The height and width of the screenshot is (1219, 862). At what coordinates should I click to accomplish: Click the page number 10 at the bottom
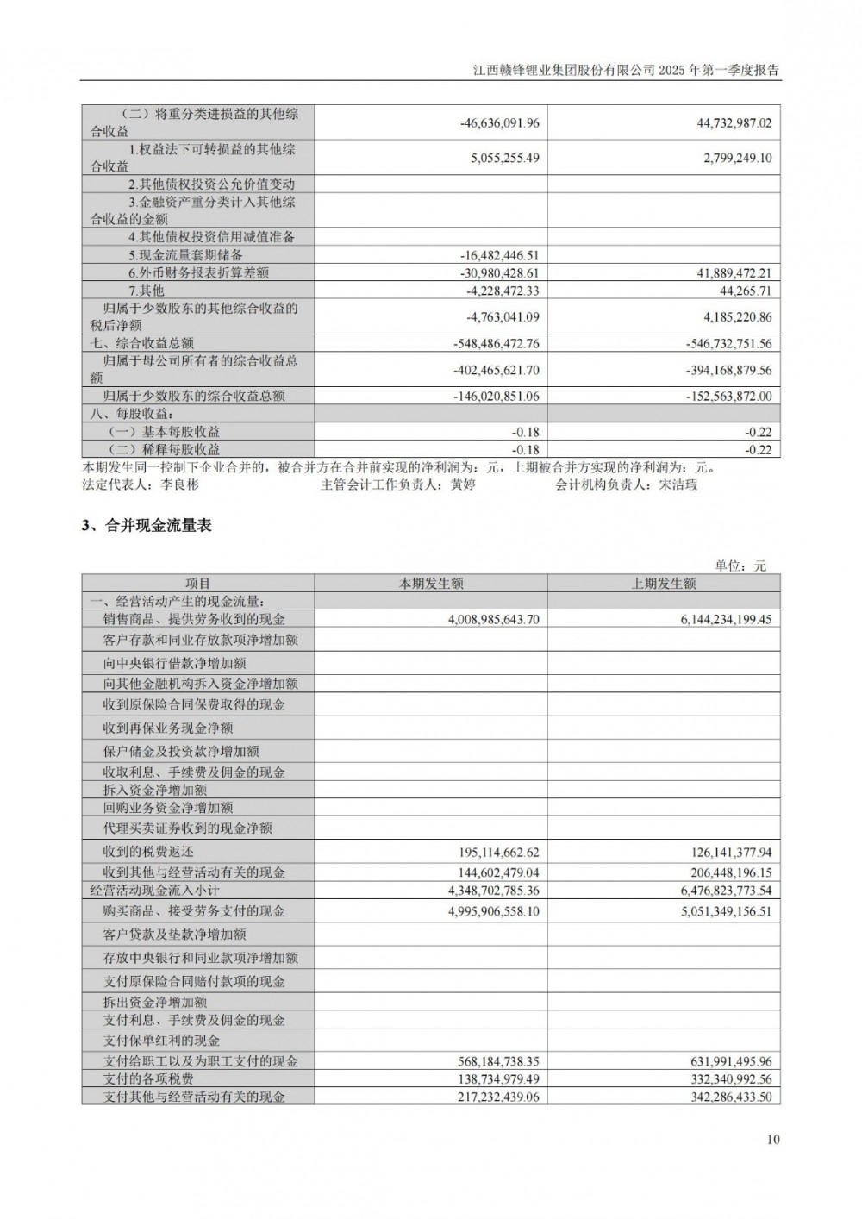point(772,1139)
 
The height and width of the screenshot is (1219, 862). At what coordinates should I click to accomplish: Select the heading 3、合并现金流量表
point(147,525)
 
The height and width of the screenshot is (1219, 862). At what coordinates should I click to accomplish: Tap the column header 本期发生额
point(431,584)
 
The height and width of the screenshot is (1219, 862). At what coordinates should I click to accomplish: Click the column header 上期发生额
point(664,584)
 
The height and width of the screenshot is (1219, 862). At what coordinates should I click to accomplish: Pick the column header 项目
point(197,584)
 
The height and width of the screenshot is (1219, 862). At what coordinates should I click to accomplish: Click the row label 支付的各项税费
point(148,1079)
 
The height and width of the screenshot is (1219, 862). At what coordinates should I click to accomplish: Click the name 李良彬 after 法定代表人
point(179,484)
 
